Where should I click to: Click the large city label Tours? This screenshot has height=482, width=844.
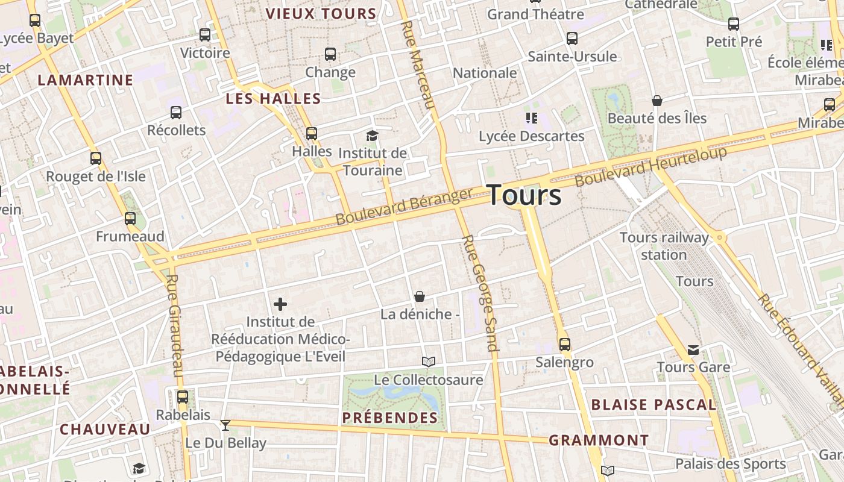click(524, 195)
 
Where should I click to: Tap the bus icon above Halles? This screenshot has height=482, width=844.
click(312, 133)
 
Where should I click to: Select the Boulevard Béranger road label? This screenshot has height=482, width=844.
click(404, 207)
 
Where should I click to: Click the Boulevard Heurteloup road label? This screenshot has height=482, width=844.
click(650, 166)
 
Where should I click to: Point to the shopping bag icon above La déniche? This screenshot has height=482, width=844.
click(420, 296)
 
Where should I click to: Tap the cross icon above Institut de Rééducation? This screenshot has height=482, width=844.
click(280, 304)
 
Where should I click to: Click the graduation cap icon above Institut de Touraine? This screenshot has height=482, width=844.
click(372, 136)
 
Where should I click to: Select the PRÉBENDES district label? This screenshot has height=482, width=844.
click(390, 418)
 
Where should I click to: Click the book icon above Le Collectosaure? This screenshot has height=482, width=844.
click(429, 361)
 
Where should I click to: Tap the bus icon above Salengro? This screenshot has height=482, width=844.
click(565, 344)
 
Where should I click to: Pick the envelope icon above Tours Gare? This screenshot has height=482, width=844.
click(693, 349)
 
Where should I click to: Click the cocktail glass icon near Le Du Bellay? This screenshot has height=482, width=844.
click(225, 425)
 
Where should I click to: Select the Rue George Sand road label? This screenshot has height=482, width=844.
click(480, 292)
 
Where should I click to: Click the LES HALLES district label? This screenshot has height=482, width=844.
click(273, 99)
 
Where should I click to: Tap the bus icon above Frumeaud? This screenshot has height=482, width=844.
click(130, 218)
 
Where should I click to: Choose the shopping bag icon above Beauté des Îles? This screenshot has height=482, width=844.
click(657, 101)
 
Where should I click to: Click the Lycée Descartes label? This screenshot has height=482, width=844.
click(531, 136)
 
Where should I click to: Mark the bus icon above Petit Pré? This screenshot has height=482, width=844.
click(734, 24)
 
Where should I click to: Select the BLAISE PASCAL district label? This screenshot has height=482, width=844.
click(653, 405)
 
